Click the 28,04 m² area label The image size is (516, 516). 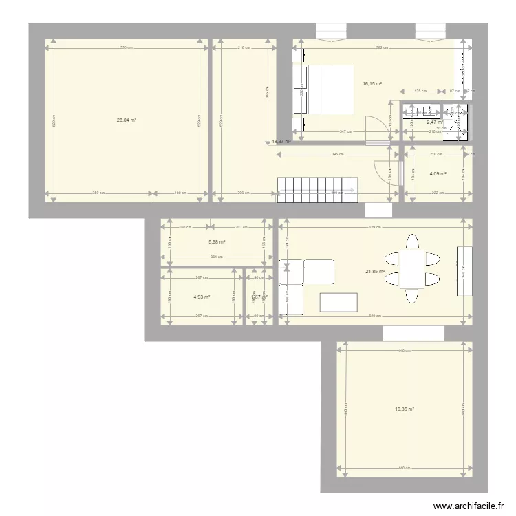click(126, 120)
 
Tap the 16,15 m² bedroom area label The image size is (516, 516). click(372, 85)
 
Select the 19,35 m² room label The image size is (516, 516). click(405, 409)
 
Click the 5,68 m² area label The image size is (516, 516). click(217, 241)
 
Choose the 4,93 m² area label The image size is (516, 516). click(202, 297)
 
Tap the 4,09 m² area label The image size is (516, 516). click(438, 174)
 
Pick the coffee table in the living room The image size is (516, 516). click(338, 302)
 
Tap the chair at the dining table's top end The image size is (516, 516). click(412, 242)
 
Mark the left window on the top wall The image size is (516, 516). click(331, 31)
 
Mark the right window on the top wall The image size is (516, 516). click(430, 31)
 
